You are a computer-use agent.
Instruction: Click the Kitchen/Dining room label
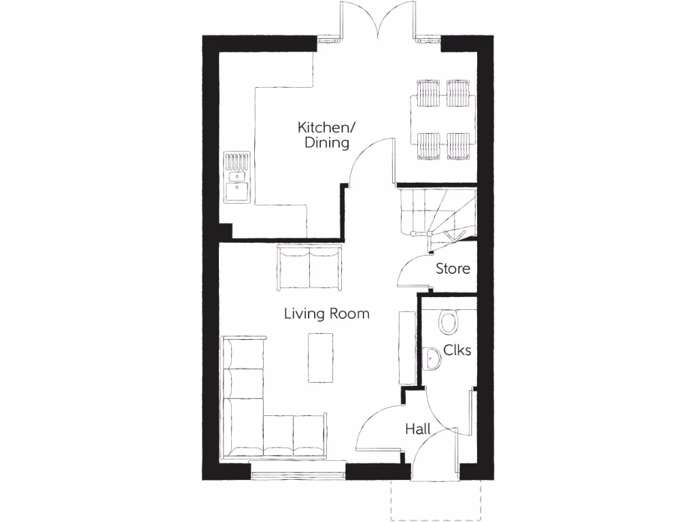pyautogui.click(x=324, y=135)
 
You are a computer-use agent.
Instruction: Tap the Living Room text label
pyautogui.click(x=326, y=313)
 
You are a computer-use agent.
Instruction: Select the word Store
pyautogui.click(x=453, y=268)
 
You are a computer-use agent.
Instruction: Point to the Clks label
pyautogui.click(x=457, y=350)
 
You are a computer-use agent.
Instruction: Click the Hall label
pyautogui.click(x=419, y=429)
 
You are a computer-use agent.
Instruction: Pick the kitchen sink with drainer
pyautogui.click(x=237, y=178)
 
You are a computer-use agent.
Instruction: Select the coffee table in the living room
pyautogui.click(x=321, y=357)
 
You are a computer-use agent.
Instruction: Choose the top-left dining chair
pyautogui.click(x=429, y=94)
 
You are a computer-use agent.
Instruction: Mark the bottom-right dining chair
pyautogui.click(x=458, y=145)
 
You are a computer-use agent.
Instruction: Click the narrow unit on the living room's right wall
pyautogui.click(x=406, y=347)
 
